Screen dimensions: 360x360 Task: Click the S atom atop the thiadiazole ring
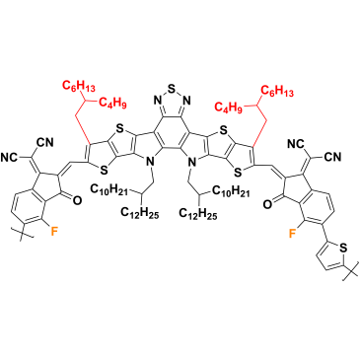172,89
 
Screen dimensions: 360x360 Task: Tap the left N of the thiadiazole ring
157,100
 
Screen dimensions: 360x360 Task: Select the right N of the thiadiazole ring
186,100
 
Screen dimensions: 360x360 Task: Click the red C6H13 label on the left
79,87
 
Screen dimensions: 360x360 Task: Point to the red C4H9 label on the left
112,103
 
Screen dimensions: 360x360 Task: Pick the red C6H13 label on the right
277,91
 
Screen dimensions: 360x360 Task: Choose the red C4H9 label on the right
228,108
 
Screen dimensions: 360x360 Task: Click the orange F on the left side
54,232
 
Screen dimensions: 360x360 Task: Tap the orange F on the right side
291,234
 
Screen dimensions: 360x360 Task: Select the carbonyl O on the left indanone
76,200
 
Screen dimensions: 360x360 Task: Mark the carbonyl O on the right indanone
267,204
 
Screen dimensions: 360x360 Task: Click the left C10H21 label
109,190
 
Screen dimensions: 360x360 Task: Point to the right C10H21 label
231,190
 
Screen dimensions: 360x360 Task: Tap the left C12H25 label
140,213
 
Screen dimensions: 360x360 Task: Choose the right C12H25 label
198,214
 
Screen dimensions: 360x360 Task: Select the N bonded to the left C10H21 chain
150,162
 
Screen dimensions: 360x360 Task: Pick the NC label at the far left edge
9,157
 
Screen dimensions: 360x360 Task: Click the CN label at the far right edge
334,158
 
